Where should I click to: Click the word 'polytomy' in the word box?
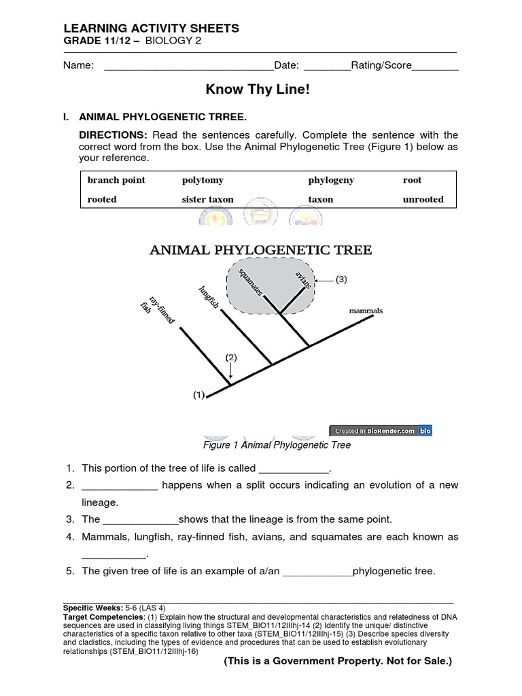(203, 180)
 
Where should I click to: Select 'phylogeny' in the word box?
(331, 180)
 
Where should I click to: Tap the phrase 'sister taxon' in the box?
(207, 199)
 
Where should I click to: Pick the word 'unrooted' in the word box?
(423, 199)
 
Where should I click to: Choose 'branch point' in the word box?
(116, 180)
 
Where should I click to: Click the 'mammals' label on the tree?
(366, 311)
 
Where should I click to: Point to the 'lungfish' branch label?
(209, 298)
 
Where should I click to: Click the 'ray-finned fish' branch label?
(153, 310)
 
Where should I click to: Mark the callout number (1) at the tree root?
(198, 394)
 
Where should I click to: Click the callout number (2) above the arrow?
(231, 357)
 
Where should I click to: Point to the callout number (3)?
(341, 279)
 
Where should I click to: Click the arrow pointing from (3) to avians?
(324, 279)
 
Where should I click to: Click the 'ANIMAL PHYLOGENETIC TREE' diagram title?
(260, 250)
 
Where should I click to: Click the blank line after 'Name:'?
(188, 66)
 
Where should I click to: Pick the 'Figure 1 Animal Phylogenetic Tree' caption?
(277, 445)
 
